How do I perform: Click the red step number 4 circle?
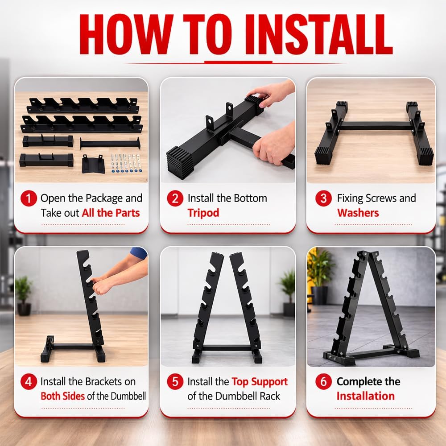coord(29,382)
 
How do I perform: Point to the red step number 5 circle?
coord(175,382)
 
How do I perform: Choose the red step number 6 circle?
coord(323,382)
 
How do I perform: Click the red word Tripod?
coord(203,213)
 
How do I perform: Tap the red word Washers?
coord(358,213)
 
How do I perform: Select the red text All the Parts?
coord(111,213)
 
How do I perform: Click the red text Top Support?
coord(260,382)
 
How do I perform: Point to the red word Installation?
coord(365,396)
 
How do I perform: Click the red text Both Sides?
coord(62,396)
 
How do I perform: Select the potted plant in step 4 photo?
coord(23,290)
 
